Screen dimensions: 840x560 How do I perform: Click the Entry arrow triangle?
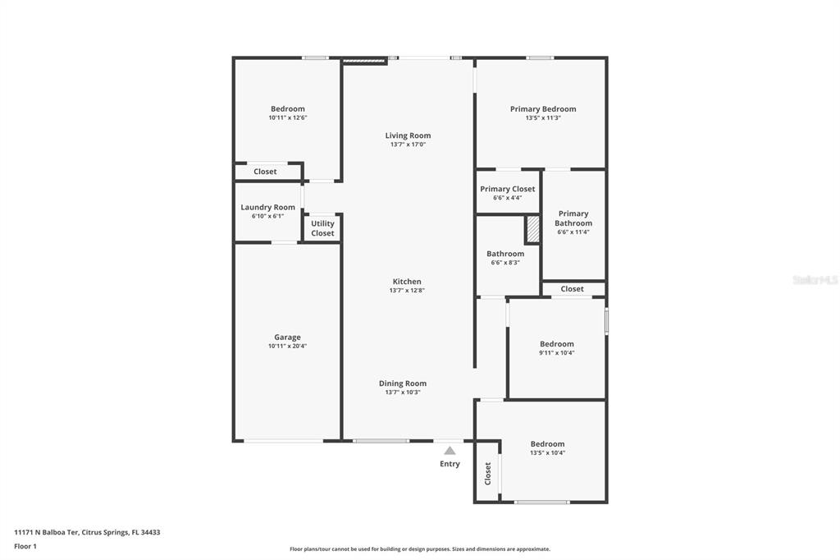(x=450, y=451)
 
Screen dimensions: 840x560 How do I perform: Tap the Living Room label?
(x=408, y=135)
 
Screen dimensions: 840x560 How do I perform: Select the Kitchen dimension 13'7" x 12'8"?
(x=407, y=290)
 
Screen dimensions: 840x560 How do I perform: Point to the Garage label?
(x=287, y=337)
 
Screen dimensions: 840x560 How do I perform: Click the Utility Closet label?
(x=322, y=228)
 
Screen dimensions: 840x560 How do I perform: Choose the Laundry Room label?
(x=268, y=207)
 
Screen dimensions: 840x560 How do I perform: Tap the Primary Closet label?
(x=507, y=189)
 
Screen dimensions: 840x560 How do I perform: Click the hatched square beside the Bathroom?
(x=532, y=229)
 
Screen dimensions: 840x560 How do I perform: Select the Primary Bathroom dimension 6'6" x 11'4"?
(x=573, y=232)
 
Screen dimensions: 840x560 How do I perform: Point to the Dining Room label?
(x=403, y=383)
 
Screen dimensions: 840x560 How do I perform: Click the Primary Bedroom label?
(x=543, y=109)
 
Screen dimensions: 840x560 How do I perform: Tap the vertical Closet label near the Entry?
(x=488, y=474)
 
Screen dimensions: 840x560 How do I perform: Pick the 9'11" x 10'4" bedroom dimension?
(x=557, y=352)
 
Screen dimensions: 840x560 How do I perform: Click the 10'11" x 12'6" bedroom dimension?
(x=288, y=117)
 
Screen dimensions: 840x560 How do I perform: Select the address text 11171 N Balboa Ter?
(x=47, y=533)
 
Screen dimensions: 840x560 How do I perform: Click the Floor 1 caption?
(x=25, y=547)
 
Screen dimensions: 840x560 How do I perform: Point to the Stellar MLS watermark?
(x=815, y=280)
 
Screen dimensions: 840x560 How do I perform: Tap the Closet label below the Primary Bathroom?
(x=572, y=289)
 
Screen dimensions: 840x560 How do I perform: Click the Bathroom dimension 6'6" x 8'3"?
(x=505, y=263)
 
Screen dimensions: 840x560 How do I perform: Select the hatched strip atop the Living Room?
(x=364, y=62)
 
